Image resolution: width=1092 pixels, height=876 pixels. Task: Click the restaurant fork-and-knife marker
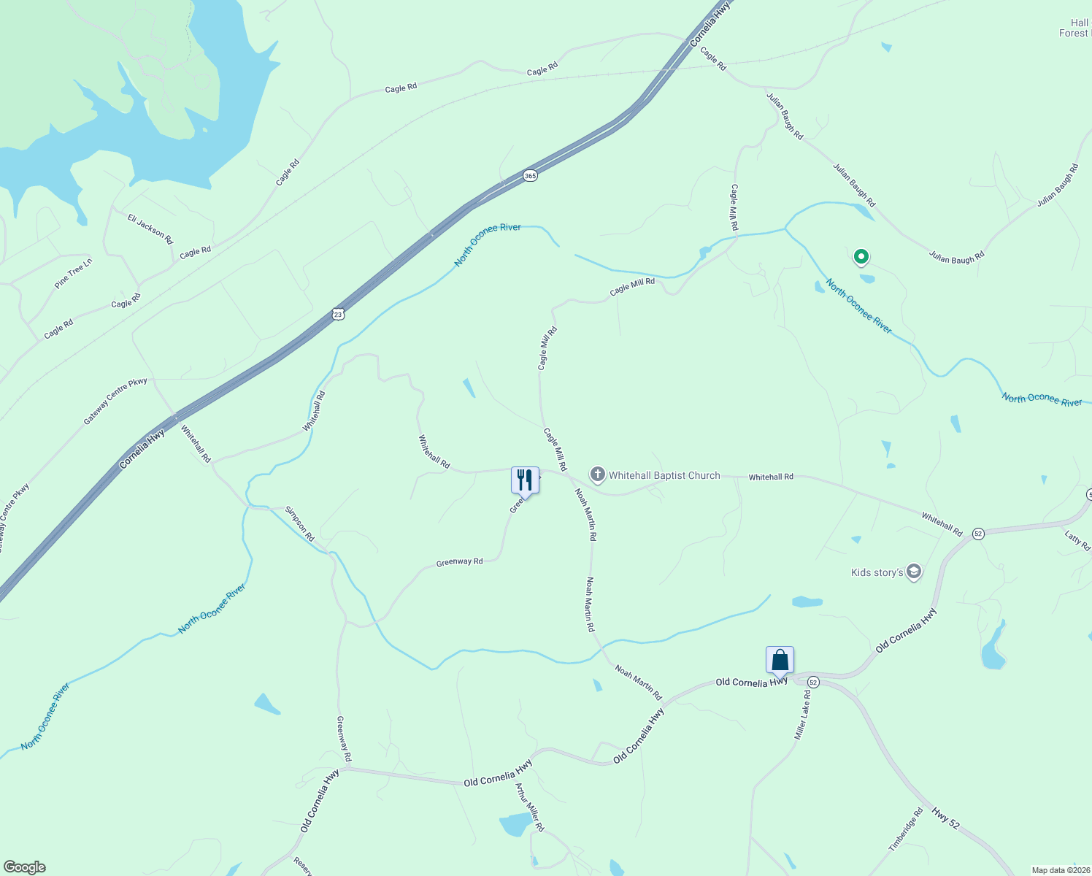pyautogui.click(x=525, y=480)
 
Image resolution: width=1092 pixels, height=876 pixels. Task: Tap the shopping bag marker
pyautogui.click(x=780, y=660)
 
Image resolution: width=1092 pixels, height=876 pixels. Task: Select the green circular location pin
pyautogui.click(x=861, y=256)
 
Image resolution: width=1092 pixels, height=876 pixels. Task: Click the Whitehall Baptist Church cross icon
pyautogui.click(x=598, y=475)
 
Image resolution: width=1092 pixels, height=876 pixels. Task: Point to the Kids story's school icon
pyautogui.click(x=914, y=572)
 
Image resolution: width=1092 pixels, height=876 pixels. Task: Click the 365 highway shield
pyautogui.click(x=530, y=176)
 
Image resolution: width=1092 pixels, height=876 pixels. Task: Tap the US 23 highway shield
pyautogui.click(x=337, y=314)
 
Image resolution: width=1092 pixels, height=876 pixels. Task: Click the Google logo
pyautogui.click(x=24, y=867)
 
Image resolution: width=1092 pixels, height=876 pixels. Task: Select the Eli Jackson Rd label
pyautogui.click(x=150, y=229)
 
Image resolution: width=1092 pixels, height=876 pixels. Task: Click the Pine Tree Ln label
pyautogui.click(x=74, y=273)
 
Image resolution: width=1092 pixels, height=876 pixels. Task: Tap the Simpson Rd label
pyautogui.click(x=299, y=523)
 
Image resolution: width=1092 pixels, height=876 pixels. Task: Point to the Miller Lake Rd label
pyautogui.click(x=802, y=715)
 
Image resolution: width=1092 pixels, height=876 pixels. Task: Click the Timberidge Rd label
pyautogui.click(x=906, y=829)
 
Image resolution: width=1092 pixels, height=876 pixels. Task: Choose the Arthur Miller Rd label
pyautogui.click(x=530, y=807)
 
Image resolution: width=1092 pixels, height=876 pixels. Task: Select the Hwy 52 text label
pyautogui.click(x=945, y=818)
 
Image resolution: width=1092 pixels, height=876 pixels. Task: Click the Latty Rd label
pyautogui.click(x=1077, y=541)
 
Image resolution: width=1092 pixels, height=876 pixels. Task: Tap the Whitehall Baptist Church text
pyautogui.click(x=664, y=475)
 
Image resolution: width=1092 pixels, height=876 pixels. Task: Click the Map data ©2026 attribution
pyautogui.click(x=1061, y=870)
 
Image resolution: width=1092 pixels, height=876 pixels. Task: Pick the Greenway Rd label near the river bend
pyautogui.click(x=459, y=562)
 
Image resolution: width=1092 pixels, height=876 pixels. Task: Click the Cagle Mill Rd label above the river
pyautogui.click(x=734, y=207)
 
